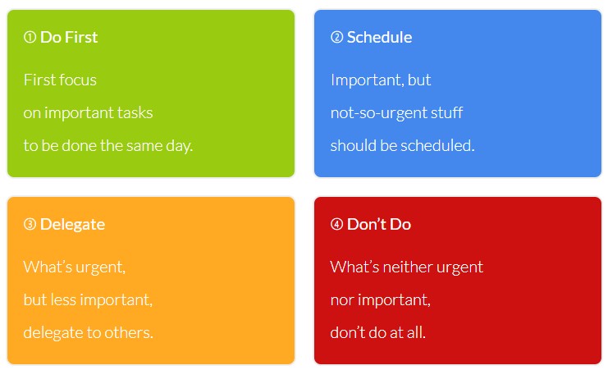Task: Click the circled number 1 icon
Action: point(30,37)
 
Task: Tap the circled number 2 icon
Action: point(336,37)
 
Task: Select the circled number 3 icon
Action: point(30,224)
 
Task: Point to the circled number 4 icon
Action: point(336,224)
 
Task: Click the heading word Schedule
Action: point(379,37)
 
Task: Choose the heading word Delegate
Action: point(72,225)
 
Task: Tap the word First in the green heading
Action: point(81,37)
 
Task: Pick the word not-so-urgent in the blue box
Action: point(373,113)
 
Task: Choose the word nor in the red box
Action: point(341,300)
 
